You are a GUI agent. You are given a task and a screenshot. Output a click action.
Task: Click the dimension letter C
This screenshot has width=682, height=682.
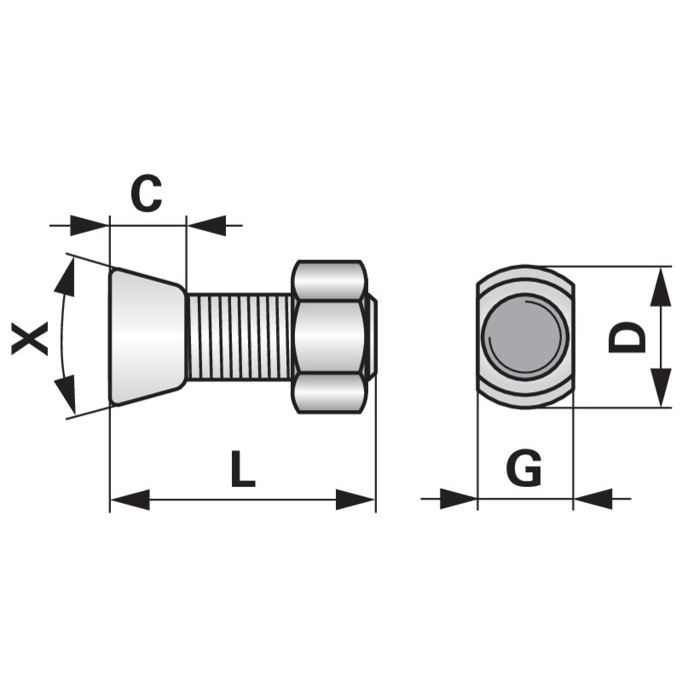(x=146, y=194)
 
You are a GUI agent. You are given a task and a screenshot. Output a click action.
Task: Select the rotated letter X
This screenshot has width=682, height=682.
(x=31, y=338)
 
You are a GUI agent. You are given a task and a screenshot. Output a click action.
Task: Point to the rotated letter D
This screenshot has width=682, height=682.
(x=628, y=337)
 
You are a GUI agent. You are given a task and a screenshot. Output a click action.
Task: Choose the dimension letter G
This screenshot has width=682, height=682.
(x=523, y=469)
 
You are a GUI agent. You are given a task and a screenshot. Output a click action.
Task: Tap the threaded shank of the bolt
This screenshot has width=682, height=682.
(x=239, y=336)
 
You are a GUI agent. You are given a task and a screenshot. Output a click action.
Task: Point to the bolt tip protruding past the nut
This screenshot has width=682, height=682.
(x=373, y=336)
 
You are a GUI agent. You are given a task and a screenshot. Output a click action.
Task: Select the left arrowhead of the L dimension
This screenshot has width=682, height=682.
(x=130, y=500)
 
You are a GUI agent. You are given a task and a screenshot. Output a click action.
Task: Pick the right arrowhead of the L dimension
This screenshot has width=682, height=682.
(x=355, y=500)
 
